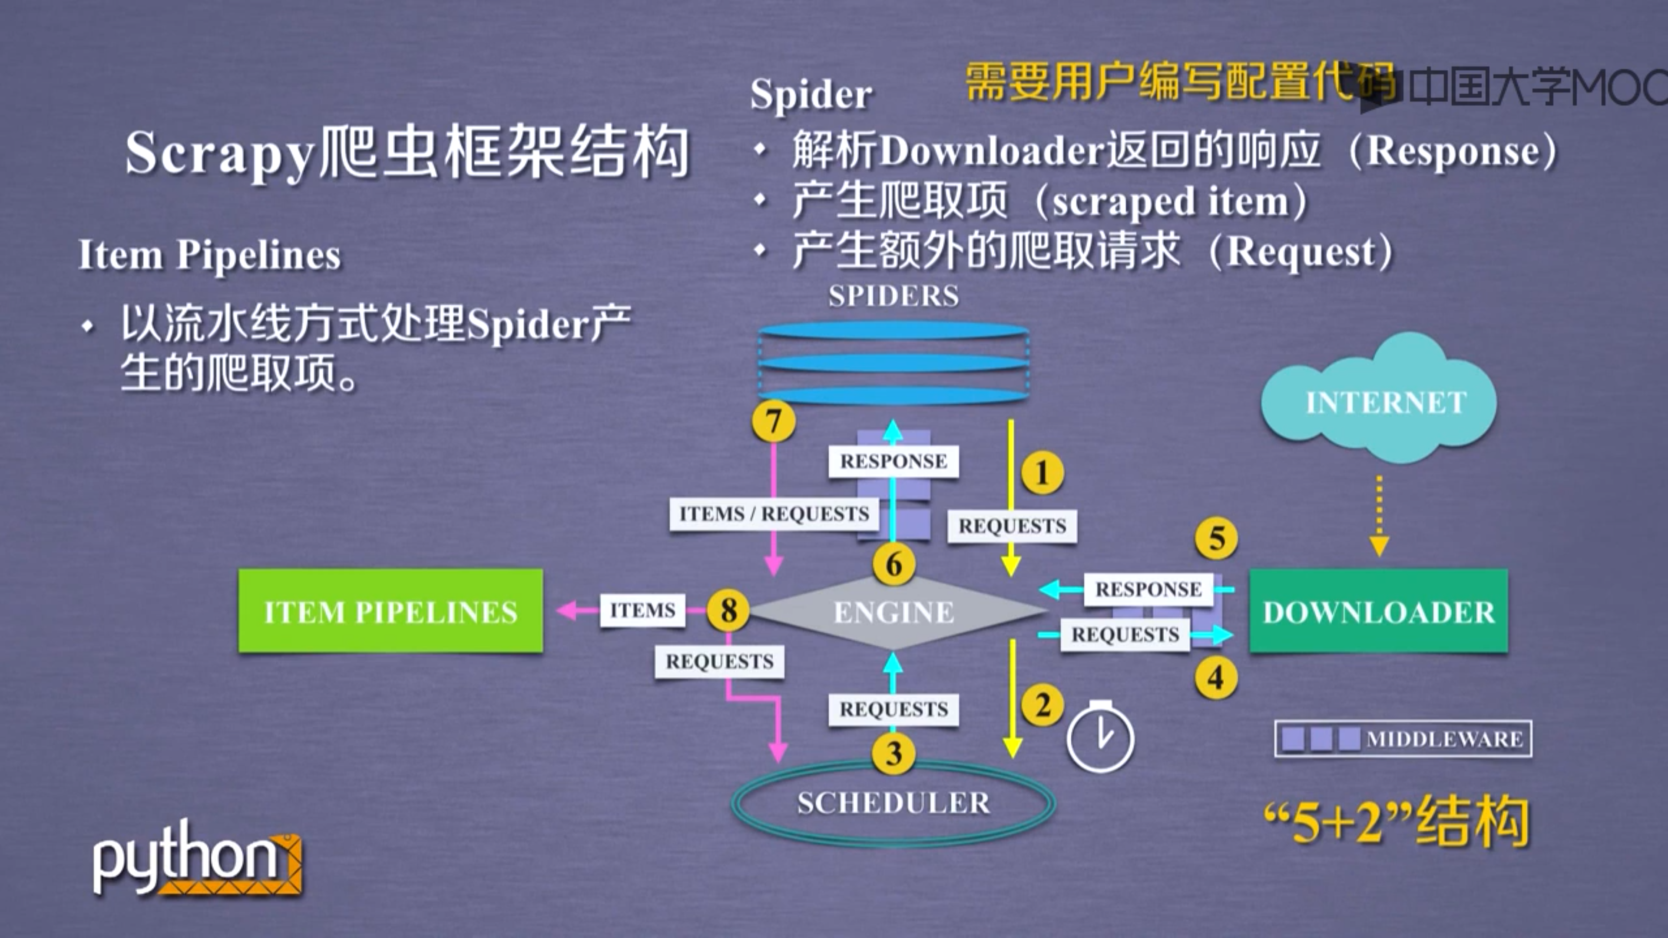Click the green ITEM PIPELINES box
391,611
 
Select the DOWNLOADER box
1378,611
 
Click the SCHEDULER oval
894,803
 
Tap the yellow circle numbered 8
728,610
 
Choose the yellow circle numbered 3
894,753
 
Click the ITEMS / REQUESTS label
774,514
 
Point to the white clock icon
1100,737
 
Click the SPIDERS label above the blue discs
894,296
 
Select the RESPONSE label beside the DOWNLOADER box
1148,589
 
